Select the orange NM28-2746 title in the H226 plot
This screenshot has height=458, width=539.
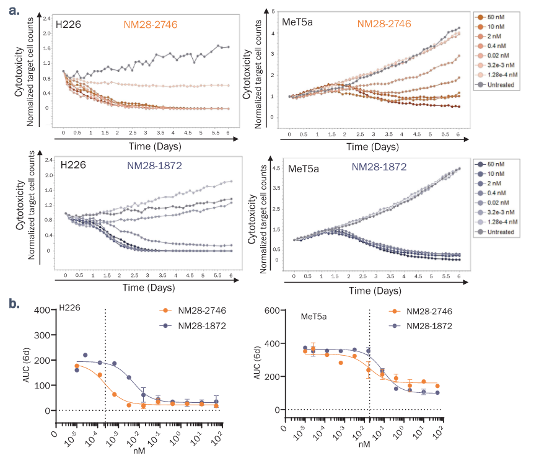(151, 25)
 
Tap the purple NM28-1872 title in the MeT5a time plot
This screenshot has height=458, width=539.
(379, 166)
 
